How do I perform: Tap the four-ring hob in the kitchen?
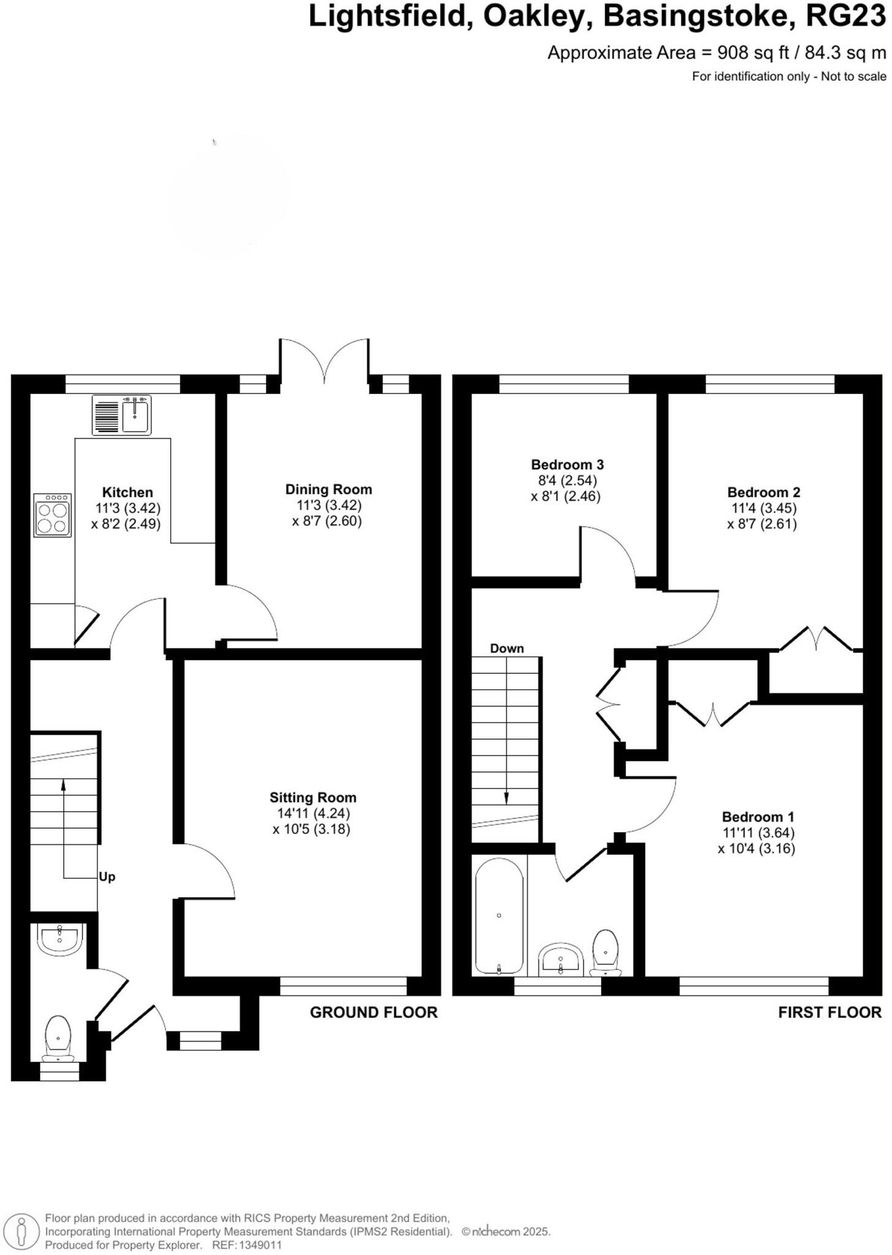pyautogui.click(x=53, y=515)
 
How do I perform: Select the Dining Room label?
pyautogui.click(x=328, y=489)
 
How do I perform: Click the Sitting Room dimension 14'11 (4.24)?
pyautogui.click(x=312, y=813)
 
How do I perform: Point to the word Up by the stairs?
pyautogui.click(x=107, y=877)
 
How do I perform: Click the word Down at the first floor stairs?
pyautogui.click(x=507, y=648)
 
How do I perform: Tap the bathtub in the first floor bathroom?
pyautogui.click(x=499, y=916)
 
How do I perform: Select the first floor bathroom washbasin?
pyautogui.click(x=561, y=960)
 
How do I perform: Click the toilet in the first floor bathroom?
pyautogui.click(x=605, y=953)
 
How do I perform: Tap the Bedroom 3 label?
pyautogui.click(x=567, y=464)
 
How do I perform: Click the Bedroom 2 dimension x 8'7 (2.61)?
pyautogui.click(x=762, y=524)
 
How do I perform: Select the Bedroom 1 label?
pyautogui.click(x=757, y=817)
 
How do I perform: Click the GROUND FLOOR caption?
pyautogui.click(x=374, y=1012)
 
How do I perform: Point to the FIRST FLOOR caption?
pyautogui.click(x=830, y=1012)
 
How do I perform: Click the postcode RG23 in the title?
pyautogui.click(x=845, y=17)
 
